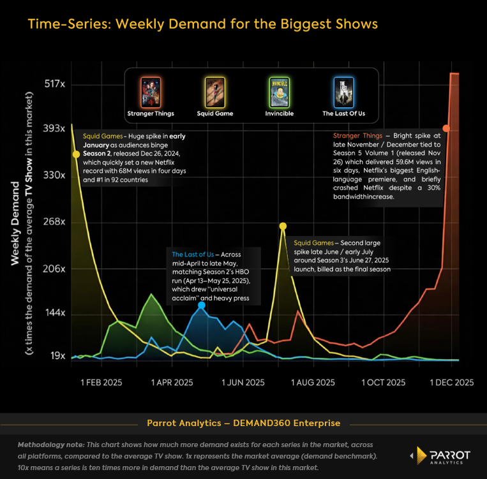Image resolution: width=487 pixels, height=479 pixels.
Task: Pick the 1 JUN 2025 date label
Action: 243,383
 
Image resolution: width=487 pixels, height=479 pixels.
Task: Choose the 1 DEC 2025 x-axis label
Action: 452,383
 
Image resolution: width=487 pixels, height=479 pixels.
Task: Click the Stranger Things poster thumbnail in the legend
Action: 151,92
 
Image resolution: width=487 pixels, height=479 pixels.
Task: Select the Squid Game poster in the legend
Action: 214,92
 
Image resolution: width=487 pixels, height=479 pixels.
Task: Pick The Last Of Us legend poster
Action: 343,92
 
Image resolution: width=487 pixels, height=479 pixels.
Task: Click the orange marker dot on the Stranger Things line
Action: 446,129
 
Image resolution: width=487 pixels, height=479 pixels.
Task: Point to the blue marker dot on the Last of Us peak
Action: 202,306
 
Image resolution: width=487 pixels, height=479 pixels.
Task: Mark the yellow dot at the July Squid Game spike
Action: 283,226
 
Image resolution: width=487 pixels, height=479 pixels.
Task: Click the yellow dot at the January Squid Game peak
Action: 77,154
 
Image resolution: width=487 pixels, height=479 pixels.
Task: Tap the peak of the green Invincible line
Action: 151,294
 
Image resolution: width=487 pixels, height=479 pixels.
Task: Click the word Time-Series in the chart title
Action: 62,24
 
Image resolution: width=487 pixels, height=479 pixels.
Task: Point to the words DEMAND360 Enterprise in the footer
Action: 293,423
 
